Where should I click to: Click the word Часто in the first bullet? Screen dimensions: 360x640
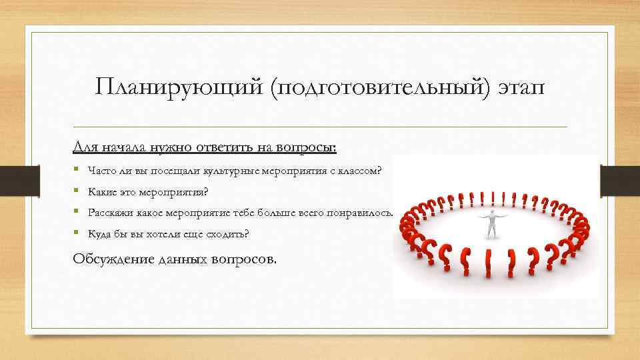(x=99, y=171)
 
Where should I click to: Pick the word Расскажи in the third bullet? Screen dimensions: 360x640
(x=107, y=213)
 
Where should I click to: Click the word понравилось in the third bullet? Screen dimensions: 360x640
(x=364, y=213)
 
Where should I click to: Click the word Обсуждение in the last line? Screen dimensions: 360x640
(x=109, y=259)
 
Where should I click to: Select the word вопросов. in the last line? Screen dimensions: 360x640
(x=243, y=259)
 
